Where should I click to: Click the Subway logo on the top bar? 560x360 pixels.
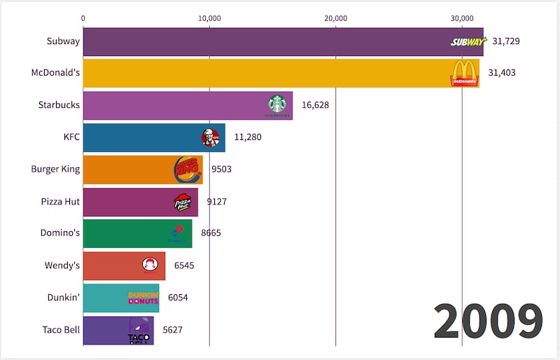[466, 42]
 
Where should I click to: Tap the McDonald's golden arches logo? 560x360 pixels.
[464, 73]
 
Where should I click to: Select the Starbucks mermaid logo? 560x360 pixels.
[277, 105]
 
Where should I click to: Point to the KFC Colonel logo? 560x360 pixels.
[210, 137]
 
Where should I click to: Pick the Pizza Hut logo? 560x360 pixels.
[182, 202]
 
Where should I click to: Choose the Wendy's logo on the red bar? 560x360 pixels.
[150, 265]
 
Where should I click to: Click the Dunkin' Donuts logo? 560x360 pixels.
[143, 297]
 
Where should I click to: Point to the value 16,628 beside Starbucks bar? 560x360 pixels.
[315, 105]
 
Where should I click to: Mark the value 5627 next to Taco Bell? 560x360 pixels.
[174, 329]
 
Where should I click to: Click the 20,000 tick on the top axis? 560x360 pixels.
[336, 18]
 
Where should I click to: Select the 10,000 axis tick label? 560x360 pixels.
[209, 18]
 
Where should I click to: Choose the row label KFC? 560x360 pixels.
[71, 137]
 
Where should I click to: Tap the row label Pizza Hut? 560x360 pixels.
[60, 202]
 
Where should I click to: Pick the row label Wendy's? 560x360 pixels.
[62, 265]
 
